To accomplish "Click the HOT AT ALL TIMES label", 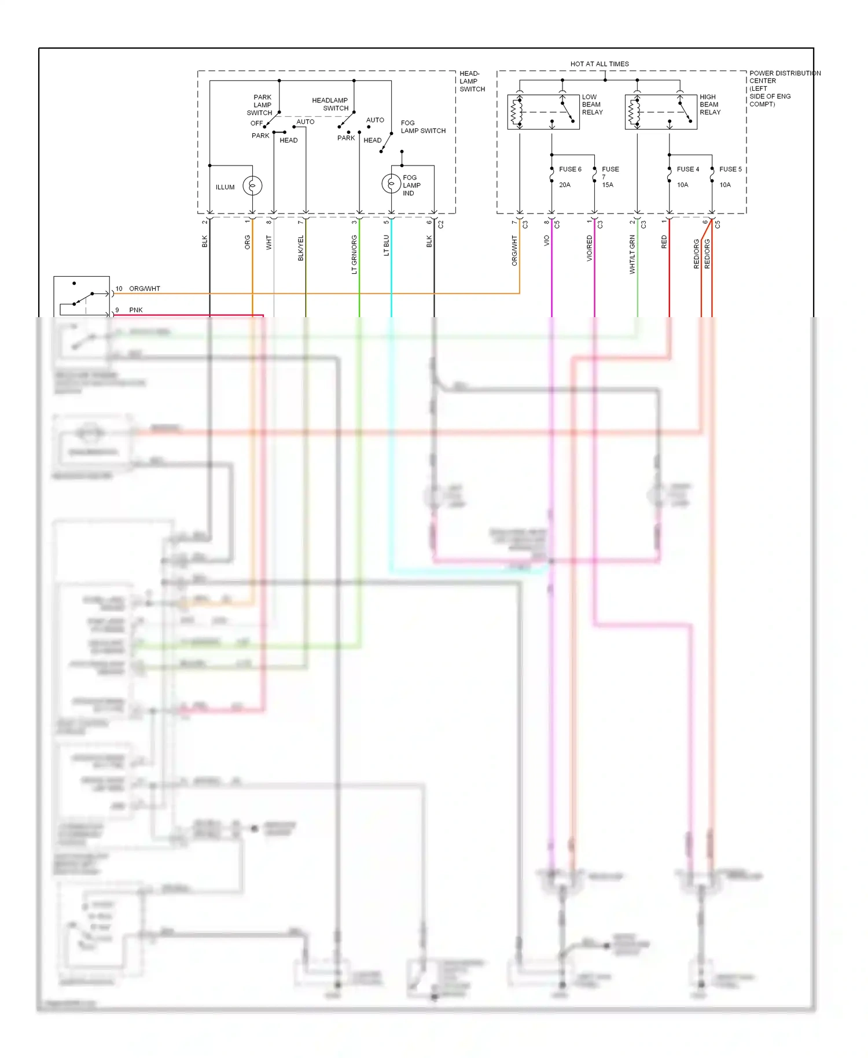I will point(599,64).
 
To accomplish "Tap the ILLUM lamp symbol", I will point(252,186).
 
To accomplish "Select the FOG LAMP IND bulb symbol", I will point(391,183).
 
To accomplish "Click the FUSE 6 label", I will point(570,169).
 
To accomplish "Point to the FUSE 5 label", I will point(730,169).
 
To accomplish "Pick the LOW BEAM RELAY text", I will point(592,105).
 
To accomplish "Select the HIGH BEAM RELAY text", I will point(710,105).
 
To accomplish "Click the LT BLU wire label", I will point(386,245).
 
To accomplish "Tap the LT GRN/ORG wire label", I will point(354,254).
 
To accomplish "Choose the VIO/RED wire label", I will point(589,248).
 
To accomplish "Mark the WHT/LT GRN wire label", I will point(632,254).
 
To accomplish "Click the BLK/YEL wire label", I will point(300,248).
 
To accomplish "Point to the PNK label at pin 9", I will point(136,310).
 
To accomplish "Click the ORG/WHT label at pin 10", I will point(144,288).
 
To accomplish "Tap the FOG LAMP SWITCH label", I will point(423,127).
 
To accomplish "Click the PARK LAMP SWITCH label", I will point(261,105).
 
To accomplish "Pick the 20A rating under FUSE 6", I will point(565,185).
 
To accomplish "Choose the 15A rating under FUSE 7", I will point(608,185).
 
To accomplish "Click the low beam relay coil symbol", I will point(516,112).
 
